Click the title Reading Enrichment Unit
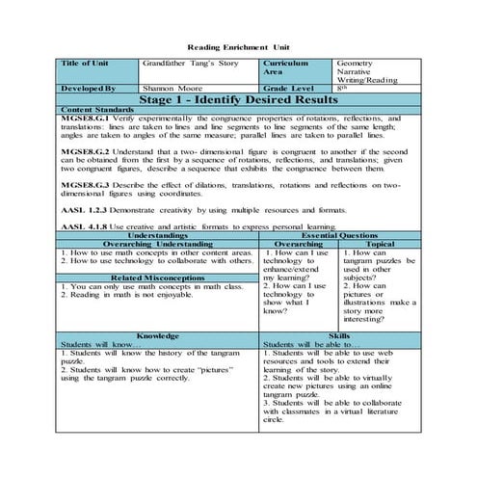click(238, 46)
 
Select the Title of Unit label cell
click(85, 64)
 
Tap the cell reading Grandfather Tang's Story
click(187, 64)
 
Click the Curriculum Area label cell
click(286, 67)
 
